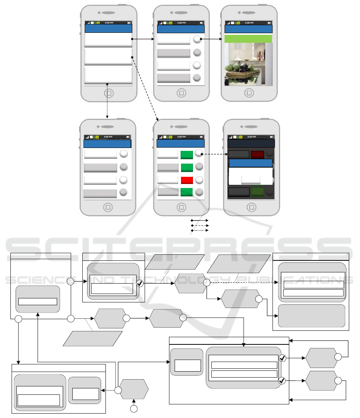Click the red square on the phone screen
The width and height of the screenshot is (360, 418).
187,180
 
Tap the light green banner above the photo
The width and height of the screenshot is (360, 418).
248,39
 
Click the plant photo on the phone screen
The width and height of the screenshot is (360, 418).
248,64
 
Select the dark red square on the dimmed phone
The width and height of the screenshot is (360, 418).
257,154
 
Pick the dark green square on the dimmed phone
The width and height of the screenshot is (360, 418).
257,192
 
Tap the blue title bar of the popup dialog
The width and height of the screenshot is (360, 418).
251,163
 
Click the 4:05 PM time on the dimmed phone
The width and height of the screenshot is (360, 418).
251,137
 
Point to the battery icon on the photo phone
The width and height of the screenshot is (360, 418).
269,23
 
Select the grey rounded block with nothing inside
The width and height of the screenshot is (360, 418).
311,316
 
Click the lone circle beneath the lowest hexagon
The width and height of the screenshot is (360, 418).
134,409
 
